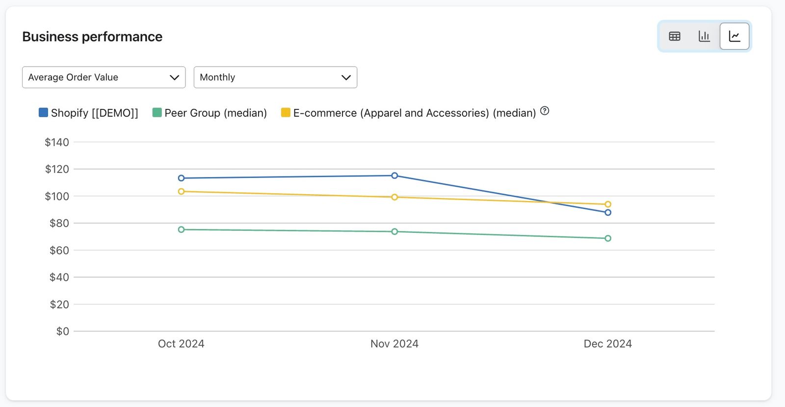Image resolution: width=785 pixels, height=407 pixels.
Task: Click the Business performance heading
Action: point(92,36)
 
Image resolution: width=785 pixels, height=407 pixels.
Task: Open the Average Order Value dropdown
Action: point(104,77)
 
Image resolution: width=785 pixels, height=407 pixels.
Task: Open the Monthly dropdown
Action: point(275,77)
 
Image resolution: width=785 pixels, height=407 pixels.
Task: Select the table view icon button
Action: point(675,36)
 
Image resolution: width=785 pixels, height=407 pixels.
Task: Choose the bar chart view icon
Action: point(704,36)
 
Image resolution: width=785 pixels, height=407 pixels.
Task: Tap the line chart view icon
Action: point(734,36)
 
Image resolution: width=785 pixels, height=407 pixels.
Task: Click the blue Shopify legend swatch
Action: point(43,112)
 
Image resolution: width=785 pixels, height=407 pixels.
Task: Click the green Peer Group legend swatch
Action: point(157,112)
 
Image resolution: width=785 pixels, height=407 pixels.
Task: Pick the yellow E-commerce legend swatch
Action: point(286,112)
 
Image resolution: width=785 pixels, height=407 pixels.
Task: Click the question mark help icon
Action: point(545,111)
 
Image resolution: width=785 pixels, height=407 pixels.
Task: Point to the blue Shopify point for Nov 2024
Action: point(394,176)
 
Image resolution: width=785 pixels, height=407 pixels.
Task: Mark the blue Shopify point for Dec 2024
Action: point(608,213)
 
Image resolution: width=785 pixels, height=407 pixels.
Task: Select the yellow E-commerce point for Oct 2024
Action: point(181,192)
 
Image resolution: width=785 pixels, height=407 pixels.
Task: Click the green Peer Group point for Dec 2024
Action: point(608,238)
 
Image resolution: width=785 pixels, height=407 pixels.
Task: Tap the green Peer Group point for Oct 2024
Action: point(181,230)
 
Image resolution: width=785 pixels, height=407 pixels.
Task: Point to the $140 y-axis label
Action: point(57,142)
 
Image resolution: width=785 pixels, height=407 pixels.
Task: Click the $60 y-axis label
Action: point(59,251)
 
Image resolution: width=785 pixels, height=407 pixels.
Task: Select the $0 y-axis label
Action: point(63,331)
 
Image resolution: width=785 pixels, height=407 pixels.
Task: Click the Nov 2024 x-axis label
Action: point(394,344)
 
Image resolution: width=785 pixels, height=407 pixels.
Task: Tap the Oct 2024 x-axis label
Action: point(181,344)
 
